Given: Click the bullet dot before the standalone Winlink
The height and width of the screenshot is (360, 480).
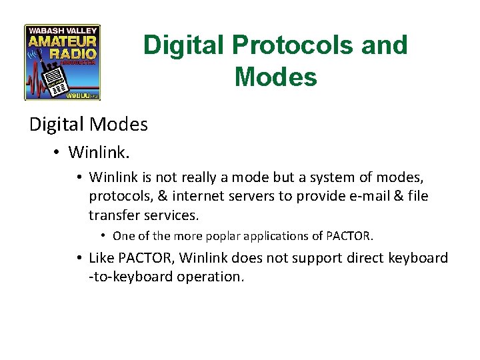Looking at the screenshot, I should click(x=57, y=153).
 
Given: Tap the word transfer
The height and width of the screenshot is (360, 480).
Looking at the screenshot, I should click(x=113, y=215).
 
